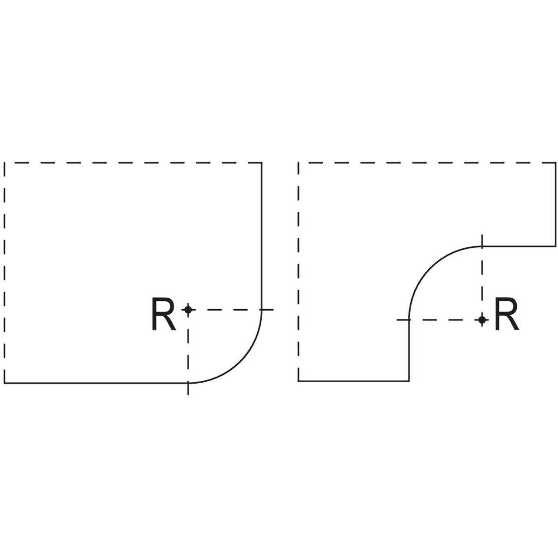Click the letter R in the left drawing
[163, 316]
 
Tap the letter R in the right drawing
[506, 316]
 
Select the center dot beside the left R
[188, 309]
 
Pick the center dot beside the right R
[482, 319]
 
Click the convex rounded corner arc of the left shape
[240, 362]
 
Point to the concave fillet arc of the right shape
[430, 267]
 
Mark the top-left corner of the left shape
[5, 163]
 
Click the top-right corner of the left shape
[262, 163]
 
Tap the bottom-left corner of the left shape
[5, 383]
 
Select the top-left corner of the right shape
[299, 163]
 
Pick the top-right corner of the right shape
[555, 163]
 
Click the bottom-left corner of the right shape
[299, 381]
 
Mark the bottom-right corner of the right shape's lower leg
[409, 381]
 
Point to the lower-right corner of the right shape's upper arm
[555, 246]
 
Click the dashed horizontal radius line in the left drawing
[228, 309]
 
